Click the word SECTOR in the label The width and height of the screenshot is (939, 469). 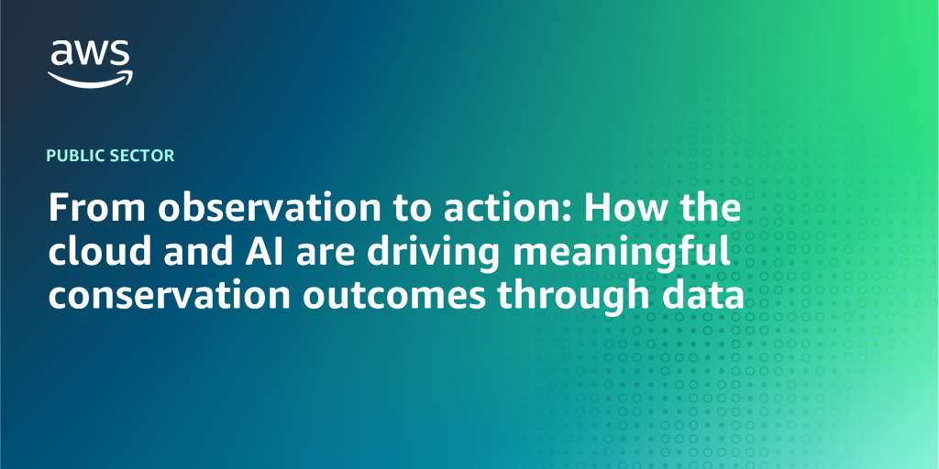143,156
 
